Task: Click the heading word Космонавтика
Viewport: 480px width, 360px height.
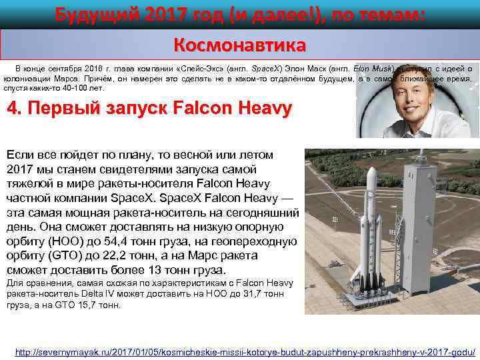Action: [239, 45]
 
